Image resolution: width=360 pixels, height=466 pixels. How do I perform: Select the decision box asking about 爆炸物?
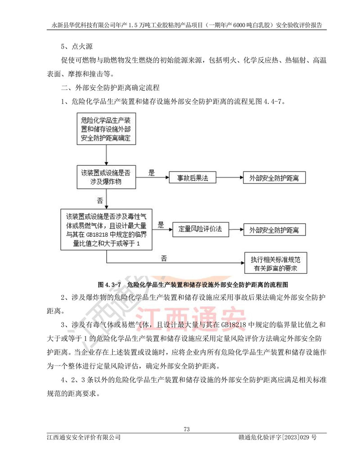(107, 177)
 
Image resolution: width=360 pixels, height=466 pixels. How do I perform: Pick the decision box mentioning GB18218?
(107, 229)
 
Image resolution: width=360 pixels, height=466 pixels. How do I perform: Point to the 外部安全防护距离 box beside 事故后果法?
(274, 178)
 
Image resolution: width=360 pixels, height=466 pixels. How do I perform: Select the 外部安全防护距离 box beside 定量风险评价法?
(274, 229)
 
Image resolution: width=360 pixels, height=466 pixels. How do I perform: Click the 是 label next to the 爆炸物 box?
(152, 172)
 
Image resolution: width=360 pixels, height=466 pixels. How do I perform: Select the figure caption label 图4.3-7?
(110, 285)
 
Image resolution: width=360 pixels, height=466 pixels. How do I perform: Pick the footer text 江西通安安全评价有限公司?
(84, 437)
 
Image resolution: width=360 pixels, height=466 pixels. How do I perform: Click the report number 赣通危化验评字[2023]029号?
(278, 437)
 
